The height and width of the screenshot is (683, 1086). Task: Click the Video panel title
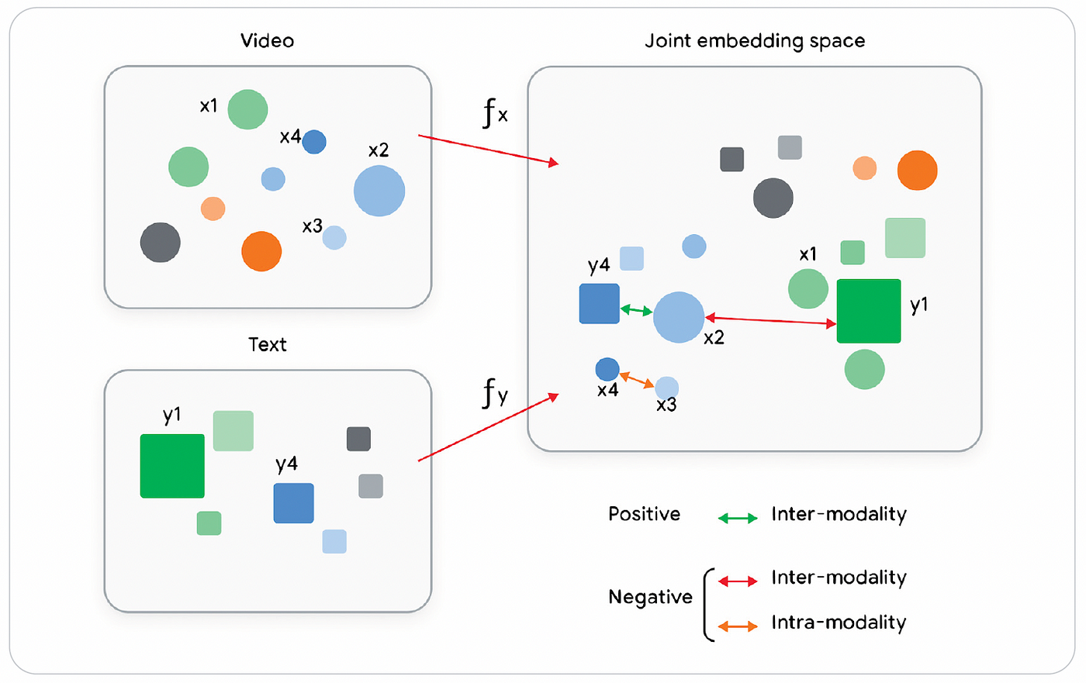pos(267,40)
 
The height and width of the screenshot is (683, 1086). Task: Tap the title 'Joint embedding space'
pos(755,41)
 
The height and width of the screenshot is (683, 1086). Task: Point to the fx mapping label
pos(495,113)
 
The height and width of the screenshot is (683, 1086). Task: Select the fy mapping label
pos(495,393)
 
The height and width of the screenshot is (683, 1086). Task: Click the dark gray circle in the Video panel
pos(161,242)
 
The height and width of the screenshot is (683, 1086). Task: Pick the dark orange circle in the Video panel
pos(261,251)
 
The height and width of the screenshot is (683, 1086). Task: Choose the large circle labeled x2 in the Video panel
pos(379,191)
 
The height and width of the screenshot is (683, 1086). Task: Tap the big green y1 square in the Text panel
pos(172,466)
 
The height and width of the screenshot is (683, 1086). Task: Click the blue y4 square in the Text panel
pos(294,503)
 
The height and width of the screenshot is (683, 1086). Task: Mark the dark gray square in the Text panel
pos(358,439)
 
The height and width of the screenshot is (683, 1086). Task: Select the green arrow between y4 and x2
pos(636,310)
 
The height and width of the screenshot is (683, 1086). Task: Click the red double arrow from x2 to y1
pos(770,321)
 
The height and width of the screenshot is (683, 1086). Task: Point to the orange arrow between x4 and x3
pos(637,379)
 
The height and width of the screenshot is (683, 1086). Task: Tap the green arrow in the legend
pos(738,519)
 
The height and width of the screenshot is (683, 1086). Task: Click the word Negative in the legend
pos(650,597)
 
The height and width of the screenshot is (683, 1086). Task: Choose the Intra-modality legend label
pos(839,623)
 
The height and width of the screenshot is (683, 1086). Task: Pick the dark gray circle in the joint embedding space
pos(773,198)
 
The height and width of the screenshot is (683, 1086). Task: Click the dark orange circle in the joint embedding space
pos(917,170)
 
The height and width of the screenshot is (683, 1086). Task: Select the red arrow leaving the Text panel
pos(488,427)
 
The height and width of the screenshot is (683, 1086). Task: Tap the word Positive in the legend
pos(645,514)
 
